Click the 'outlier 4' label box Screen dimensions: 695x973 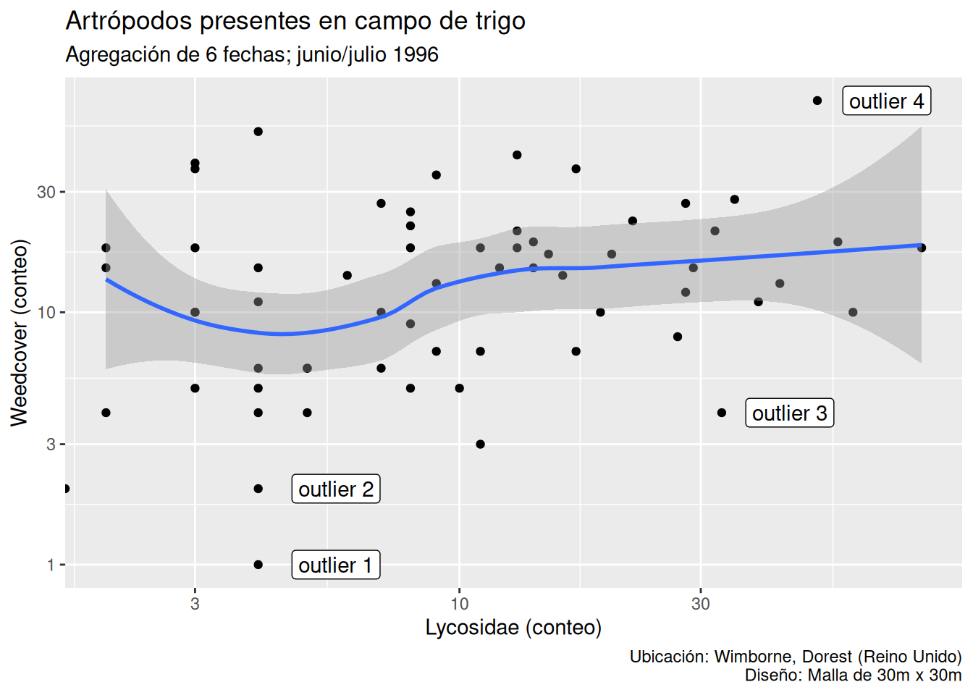(886, 101)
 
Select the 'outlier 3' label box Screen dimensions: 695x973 (789, 413)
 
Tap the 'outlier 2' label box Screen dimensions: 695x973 (335, 489)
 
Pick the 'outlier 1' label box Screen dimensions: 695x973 (335, 565)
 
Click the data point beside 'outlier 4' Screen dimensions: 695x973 (817, 101)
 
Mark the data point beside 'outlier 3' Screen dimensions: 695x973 (722, 413)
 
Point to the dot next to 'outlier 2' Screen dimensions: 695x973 (258, 489)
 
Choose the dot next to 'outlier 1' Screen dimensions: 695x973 (258, 565)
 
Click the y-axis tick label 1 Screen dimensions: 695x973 (51, 565)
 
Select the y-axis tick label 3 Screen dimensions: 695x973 (51, 444)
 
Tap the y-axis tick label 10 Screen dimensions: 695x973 (46, 313)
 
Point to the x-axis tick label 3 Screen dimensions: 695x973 (195, 604)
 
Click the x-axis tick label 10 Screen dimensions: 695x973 (459, 604)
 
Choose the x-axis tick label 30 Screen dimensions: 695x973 (700, 604)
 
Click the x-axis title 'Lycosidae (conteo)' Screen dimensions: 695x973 (513, 627)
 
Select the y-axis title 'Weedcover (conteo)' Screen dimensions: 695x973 (19, 332)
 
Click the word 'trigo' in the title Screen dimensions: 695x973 (500, 21)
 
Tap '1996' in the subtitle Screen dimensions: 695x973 (416, 55)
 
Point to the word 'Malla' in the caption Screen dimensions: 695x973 (828, 675)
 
